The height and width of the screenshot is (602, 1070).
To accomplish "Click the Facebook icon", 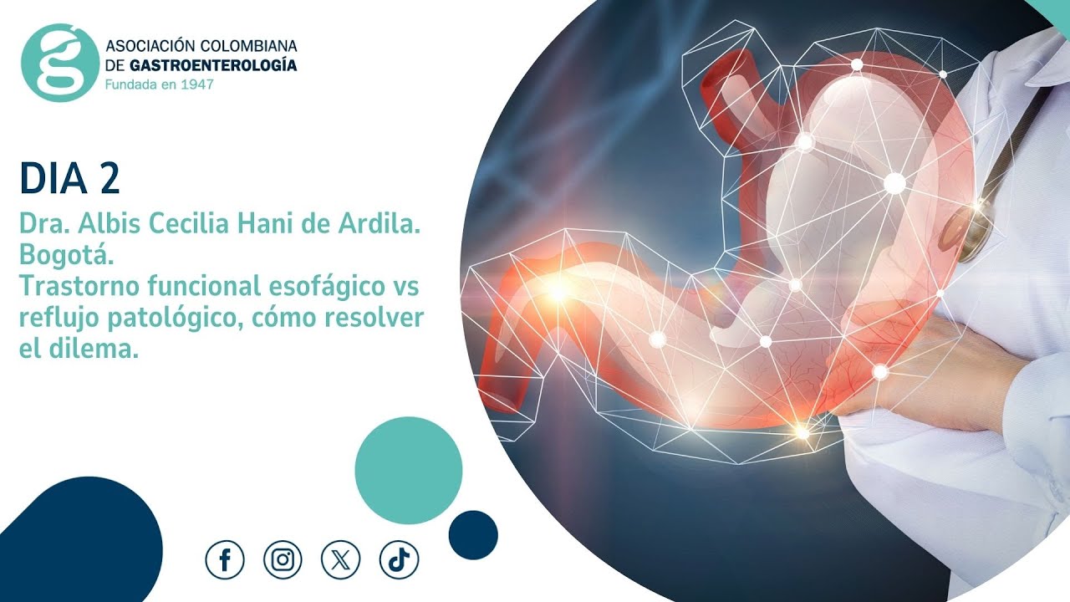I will (x=225, y=560).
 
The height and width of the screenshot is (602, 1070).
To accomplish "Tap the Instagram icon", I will (x=283, y=560).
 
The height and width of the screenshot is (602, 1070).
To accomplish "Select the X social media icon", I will (x=340, y=560).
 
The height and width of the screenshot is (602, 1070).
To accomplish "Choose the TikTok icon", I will (x=399, y=560).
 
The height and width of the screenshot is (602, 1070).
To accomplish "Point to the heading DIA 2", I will (x=69, y=179).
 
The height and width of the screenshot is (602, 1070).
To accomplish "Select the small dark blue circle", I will (x=473, y=535).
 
